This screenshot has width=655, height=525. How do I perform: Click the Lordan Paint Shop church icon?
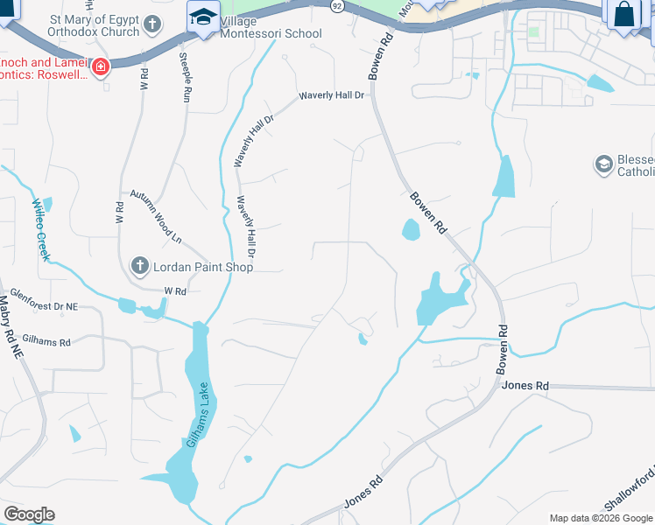coord(139,266)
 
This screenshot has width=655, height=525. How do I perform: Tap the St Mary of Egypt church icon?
coord(152,24)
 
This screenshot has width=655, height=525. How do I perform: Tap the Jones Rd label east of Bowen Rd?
coord(526,385)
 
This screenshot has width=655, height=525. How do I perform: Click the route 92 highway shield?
coord(337,5)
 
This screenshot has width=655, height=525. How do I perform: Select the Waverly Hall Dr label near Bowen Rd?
coord(331,95)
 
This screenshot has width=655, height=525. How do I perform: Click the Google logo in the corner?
coord(29,514)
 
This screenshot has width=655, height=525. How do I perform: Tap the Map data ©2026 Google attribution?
coord(600,518)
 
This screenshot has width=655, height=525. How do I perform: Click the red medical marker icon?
coord(101,66)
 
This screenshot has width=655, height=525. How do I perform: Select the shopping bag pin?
coord(623,14)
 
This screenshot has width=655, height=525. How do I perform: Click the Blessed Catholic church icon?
coord(602,164)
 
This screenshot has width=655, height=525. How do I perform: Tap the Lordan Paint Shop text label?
coord(203,267)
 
